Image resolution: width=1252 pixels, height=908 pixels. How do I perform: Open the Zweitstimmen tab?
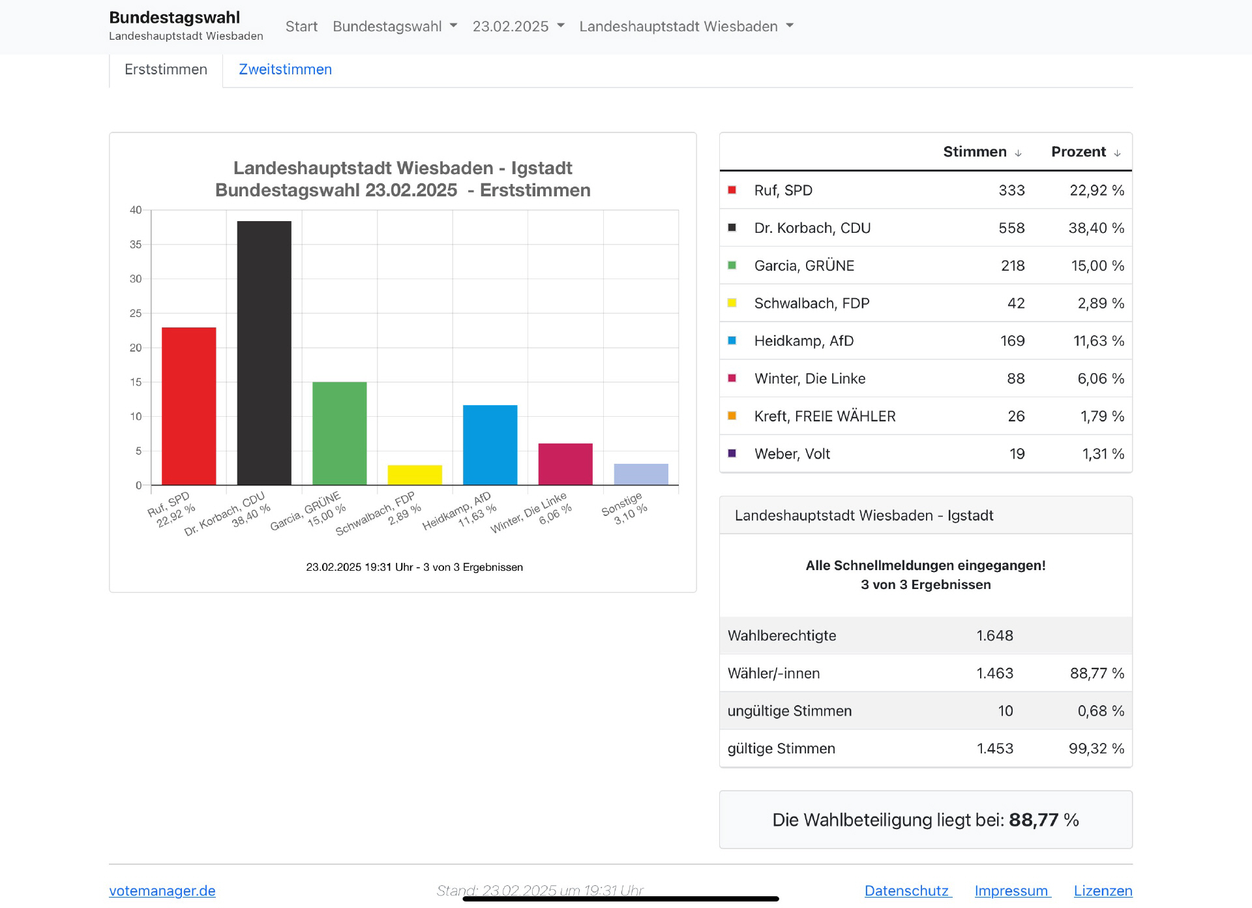click(x=285, y=70)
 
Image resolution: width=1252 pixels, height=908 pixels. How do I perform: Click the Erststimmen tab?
click(x=166, y=70)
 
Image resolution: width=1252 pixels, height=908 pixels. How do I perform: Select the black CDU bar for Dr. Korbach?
click(x=264, y=352)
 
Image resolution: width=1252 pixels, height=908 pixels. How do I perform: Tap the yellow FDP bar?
click(x=415, y=475)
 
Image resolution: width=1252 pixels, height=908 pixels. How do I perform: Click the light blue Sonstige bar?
click(x=640, y=474)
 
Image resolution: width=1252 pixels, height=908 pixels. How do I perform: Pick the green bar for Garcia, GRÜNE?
click(x=339, y=433)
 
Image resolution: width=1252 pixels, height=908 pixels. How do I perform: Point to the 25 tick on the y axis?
click(x=136, y=313)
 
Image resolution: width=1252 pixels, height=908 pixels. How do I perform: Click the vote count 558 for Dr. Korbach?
click(x=1011, y=228)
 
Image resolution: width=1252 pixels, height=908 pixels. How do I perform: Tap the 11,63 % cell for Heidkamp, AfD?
click(x=1098, y=341)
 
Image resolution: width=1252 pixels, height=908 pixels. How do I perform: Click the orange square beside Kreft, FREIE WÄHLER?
click(x=732, y=416)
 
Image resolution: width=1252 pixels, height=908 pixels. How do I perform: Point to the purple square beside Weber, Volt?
click(x=732, y=453)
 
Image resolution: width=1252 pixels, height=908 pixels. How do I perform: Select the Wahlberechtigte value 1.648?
click(x=994, y=636)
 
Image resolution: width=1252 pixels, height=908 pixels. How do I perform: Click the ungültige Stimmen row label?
click(x=790, y=711)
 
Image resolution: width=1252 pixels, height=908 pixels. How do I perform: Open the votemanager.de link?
click(x=162, y=891)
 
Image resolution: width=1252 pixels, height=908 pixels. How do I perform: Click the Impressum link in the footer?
click(x=1011, y=891)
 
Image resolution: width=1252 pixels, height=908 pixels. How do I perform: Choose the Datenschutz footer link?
click(x=907, y=891)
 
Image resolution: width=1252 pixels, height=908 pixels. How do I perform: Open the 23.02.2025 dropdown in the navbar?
click(x=518, y=27)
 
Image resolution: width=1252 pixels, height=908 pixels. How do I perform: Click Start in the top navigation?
click(x=301, y=27)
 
